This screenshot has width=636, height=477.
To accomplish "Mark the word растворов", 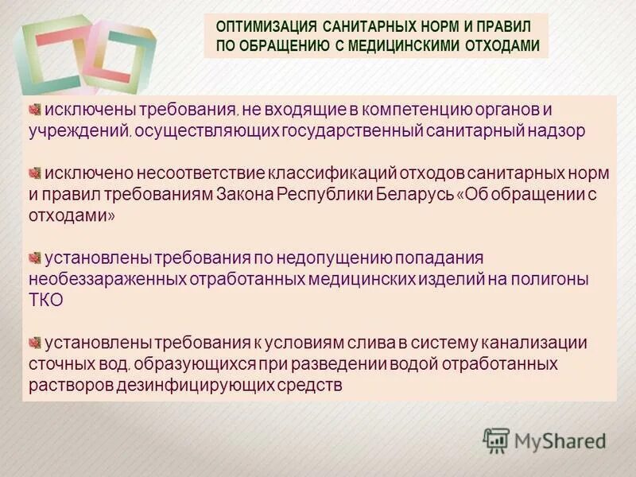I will coord(63,386).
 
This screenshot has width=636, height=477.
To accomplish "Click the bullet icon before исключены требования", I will coord(35,109).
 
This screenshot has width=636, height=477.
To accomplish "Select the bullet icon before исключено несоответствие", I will coord(35,172).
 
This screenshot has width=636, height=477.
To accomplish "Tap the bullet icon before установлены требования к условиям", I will coord(35,343).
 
